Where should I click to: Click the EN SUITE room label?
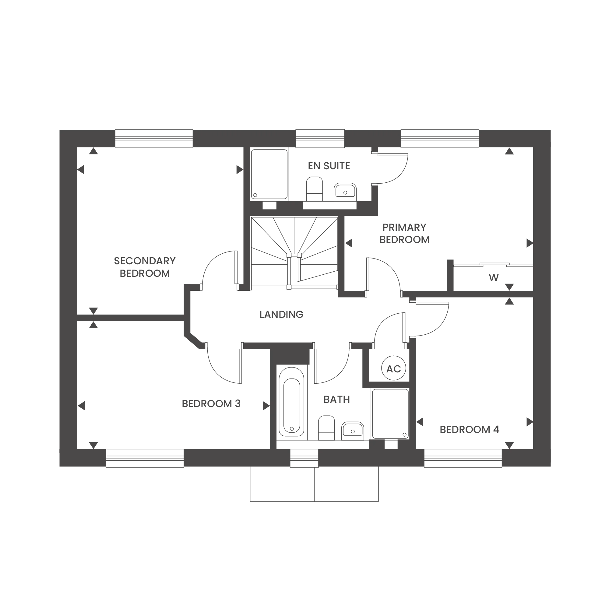[329, 166]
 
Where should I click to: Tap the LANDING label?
[281, 314]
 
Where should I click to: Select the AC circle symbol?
[393, 368]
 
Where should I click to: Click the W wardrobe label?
[494, 278]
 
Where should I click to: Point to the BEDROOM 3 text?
[211, 404]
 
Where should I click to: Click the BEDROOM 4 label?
[469, 430]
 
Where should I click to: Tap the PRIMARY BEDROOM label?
[404, 234]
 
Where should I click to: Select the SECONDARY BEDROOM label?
[145, 267]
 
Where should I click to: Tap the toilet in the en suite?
[314, 189]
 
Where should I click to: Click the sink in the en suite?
[345, 192]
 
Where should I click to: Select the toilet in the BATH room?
[326, 428]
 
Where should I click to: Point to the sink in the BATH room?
[353, 431]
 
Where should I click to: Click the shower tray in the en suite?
[269, 174]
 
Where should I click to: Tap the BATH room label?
[337, 400]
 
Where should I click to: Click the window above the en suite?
[320, 138]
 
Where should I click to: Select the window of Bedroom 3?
[145, 458]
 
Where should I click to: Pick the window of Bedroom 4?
[463, 458]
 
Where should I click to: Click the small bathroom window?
[304, 458]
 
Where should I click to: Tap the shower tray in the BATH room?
[390, 414]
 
